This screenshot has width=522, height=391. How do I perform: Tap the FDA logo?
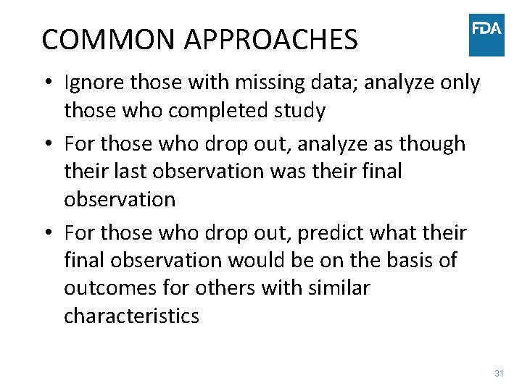(x=486, y=34)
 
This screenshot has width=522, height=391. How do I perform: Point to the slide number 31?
(x=499, y=374)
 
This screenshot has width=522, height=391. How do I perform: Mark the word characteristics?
(x=131, y=316)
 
